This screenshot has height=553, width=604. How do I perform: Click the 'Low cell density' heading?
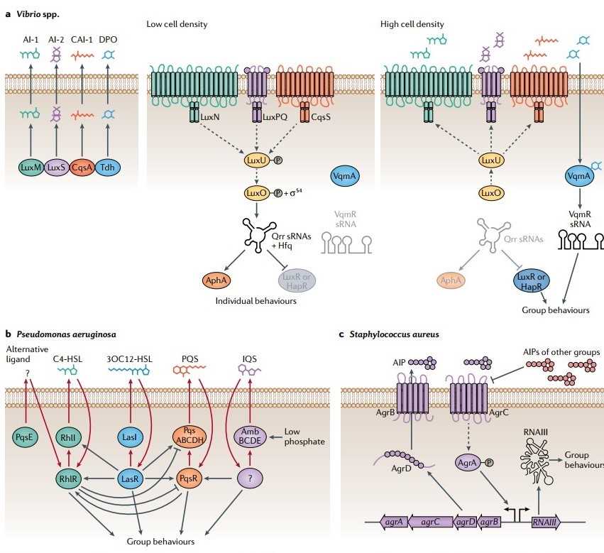(x=177, y=24)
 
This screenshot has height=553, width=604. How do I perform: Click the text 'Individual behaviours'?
(x=256, y=301)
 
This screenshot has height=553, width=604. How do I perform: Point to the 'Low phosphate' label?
(x=304, y=436)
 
